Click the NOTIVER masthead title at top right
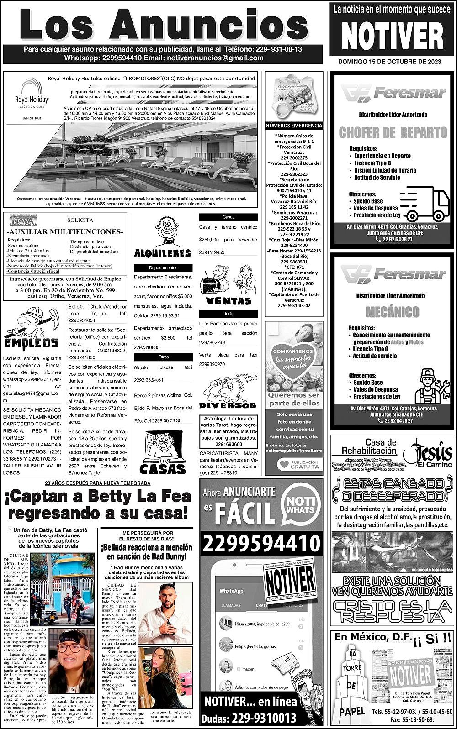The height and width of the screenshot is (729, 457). pos(393,36)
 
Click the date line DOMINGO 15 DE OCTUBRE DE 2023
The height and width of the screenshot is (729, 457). pos(393,62)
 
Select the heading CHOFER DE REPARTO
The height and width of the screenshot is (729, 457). pos(393,133)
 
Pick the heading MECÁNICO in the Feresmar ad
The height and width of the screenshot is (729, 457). pos(393,312)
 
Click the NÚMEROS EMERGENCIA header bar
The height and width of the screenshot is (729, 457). pos(294,126)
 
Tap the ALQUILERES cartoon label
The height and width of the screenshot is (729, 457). pos(162,253)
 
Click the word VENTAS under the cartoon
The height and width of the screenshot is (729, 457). pos(228,301)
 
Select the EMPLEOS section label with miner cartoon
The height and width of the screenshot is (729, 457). pos(32,343)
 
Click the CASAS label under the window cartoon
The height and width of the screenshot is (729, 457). pos(162,469)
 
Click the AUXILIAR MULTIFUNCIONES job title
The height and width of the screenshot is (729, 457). pos(65,232)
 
